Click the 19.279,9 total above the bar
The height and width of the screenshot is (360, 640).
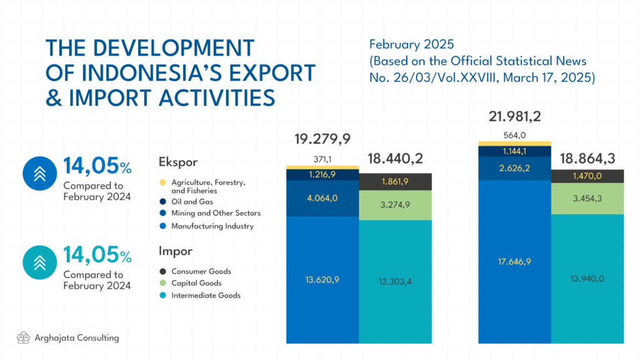(x=322, y=139)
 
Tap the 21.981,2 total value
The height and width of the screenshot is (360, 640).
(x=515, y=117)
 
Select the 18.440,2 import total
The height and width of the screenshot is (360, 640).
(x=395, y=158)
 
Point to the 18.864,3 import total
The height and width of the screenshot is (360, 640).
(x=587, y=158)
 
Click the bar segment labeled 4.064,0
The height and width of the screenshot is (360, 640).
(x=322, y=198)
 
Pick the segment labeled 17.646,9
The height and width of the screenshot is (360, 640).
(x=515, y=262)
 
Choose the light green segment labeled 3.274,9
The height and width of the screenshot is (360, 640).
(x=395, y=205)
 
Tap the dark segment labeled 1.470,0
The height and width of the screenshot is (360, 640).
(x=587, y=176)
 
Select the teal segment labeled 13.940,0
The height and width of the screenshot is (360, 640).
(x=587, y=279)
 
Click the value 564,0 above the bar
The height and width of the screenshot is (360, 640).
(x=515, y=135)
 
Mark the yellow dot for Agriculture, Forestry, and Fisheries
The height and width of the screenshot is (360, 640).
(x=163, y=182)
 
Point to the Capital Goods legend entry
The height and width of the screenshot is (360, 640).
(x=191, y=283)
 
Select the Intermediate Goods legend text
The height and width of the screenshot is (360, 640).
(x=206, y=295)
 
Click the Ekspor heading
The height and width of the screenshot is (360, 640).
(x=178, y=162)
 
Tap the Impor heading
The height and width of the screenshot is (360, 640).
(x=176, y=251)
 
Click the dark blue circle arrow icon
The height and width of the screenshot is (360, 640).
(x=39, y=174)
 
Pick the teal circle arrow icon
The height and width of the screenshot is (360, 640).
(x=39, y=262)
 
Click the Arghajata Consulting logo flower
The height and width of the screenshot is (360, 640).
(x=23, y=337)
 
